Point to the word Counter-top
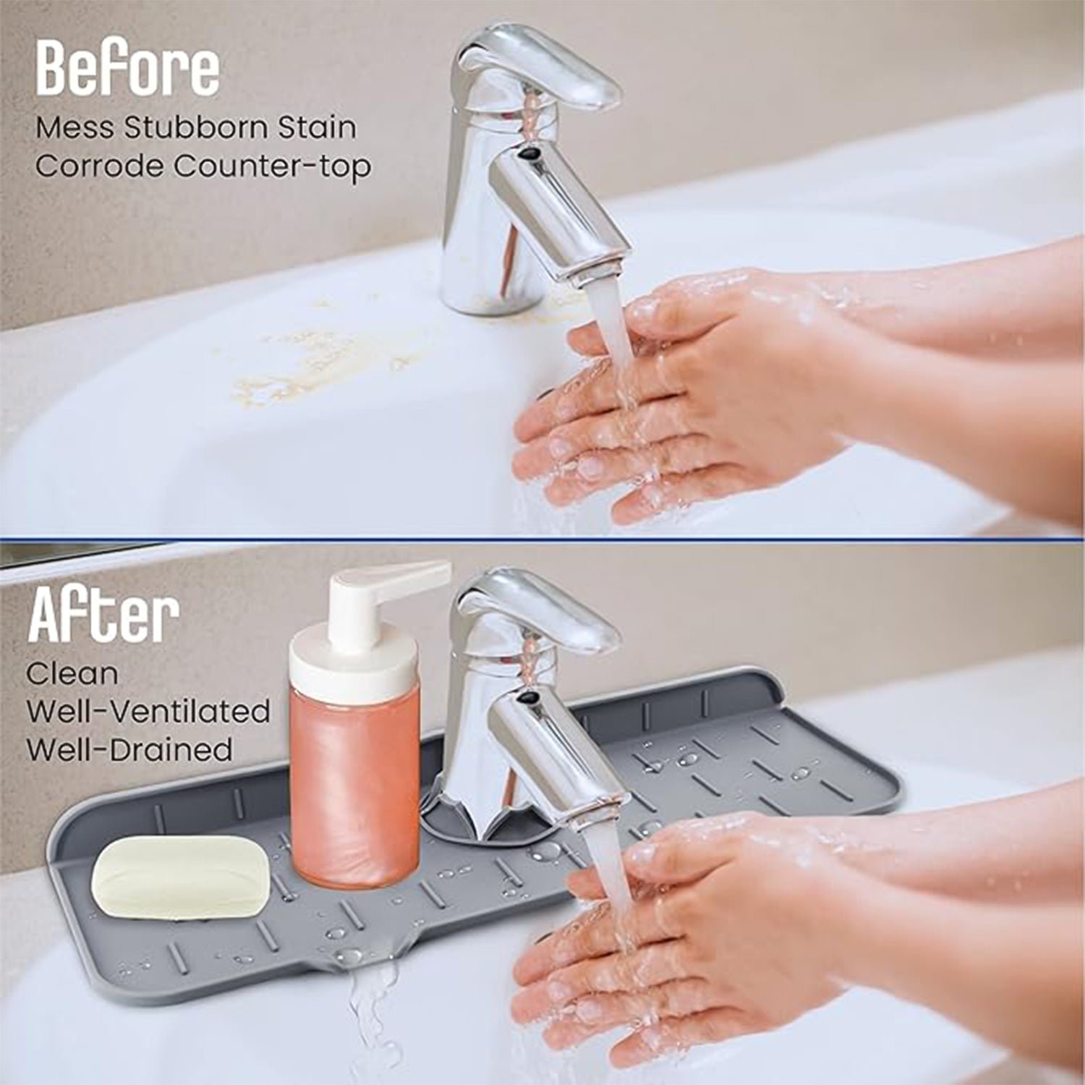272,166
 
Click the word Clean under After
72,674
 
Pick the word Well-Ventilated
148,712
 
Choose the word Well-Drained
129,749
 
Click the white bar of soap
180,876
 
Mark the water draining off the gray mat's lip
365,998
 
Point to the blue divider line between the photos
542,539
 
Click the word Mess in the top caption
75,128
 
